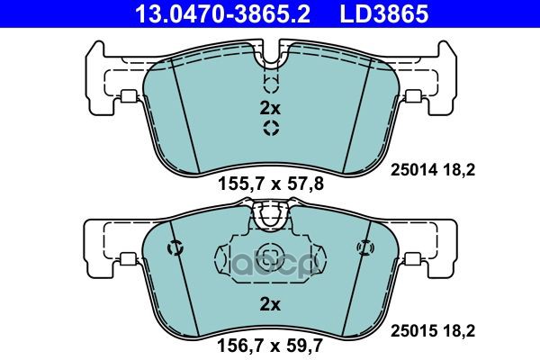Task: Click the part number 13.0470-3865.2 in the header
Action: (223, 13)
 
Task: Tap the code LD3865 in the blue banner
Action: (384, 13)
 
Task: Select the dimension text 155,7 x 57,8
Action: (271, 184)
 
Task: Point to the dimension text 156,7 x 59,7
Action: (270, 345)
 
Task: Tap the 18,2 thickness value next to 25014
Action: (459, 170)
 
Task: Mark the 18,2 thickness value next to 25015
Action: (459, 331)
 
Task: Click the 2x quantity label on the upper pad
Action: (270, 109)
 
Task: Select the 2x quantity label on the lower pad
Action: (270, 304)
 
